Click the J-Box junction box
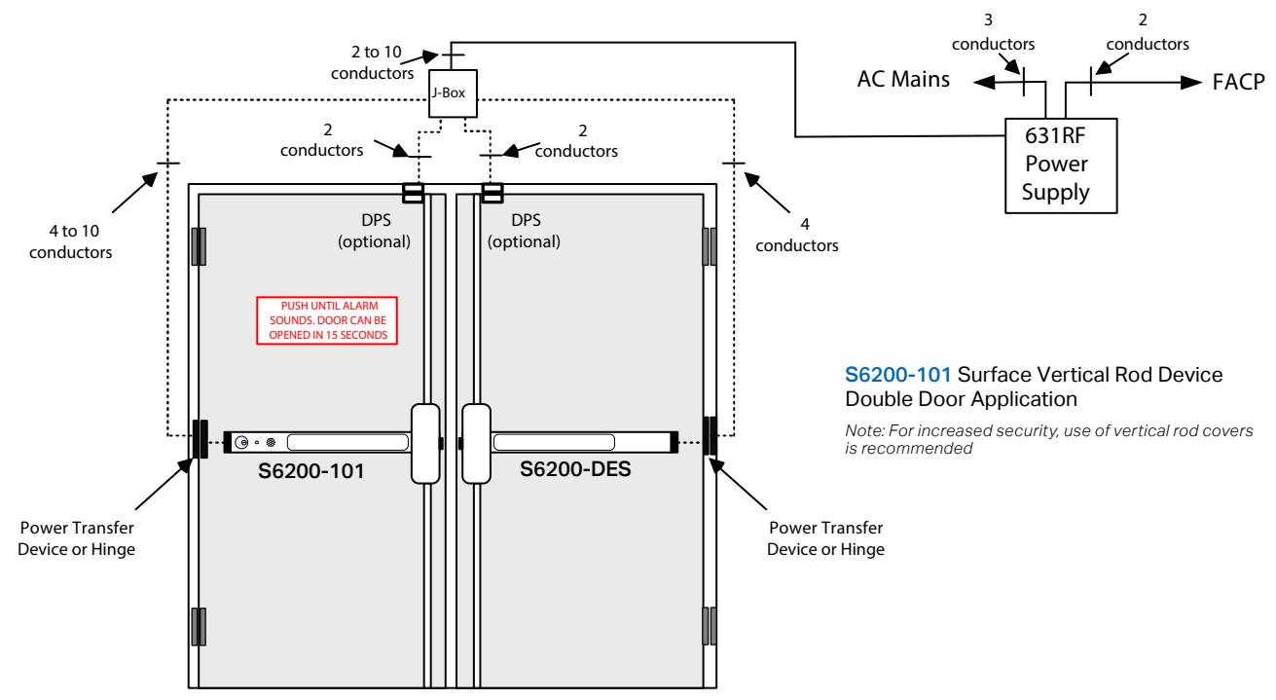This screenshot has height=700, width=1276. (x=453, y=93)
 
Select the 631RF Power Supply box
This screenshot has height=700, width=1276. (x=1061, y=166)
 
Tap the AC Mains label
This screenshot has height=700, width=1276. (x=903, y=79)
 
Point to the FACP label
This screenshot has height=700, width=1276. (x=1238, y=82)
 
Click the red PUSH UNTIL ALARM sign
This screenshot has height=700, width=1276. (x=327, y=320)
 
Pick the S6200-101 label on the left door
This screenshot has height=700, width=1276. (x=311, y=471)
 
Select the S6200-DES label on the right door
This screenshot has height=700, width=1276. (x=575, y=469)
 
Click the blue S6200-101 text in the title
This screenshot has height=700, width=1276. (x=897, y=375)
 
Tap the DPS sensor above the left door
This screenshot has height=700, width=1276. (x=413, y=193)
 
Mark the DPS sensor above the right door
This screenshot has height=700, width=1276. (x=492, y=193)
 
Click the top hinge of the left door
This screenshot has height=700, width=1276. (x=199, y=246)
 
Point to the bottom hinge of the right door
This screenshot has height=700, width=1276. (x=710, y=626)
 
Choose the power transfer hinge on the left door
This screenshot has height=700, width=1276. (x=200, y=439)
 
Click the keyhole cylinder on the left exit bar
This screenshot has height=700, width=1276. (x=241, y=442)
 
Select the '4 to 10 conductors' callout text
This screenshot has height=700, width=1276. (x=71, y=241)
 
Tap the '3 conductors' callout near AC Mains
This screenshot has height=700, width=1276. (x=993, y=32)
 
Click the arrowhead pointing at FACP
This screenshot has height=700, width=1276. (x=1190, y=82)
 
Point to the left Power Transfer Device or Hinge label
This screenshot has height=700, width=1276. (x=76, y=538)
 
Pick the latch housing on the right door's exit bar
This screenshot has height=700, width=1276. (x=476, y=444)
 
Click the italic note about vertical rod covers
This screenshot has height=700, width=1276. (x=1048, y=439)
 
